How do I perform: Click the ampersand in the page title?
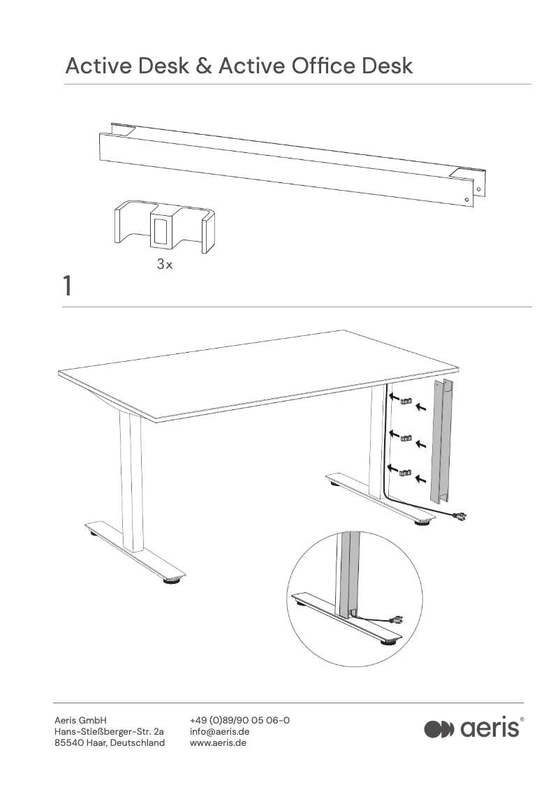click(x=203, y=66)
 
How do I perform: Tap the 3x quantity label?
click(x=164, y=265)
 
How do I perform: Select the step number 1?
click(x=67, y=286)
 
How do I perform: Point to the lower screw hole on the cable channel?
click(x=467, y=200)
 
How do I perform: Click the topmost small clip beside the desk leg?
click(x=406, y=402)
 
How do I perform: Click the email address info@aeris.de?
click(x=219, y=731)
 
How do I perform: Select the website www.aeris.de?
click(x=218, y=742)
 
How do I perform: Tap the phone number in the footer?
click(x=240, y=720)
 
